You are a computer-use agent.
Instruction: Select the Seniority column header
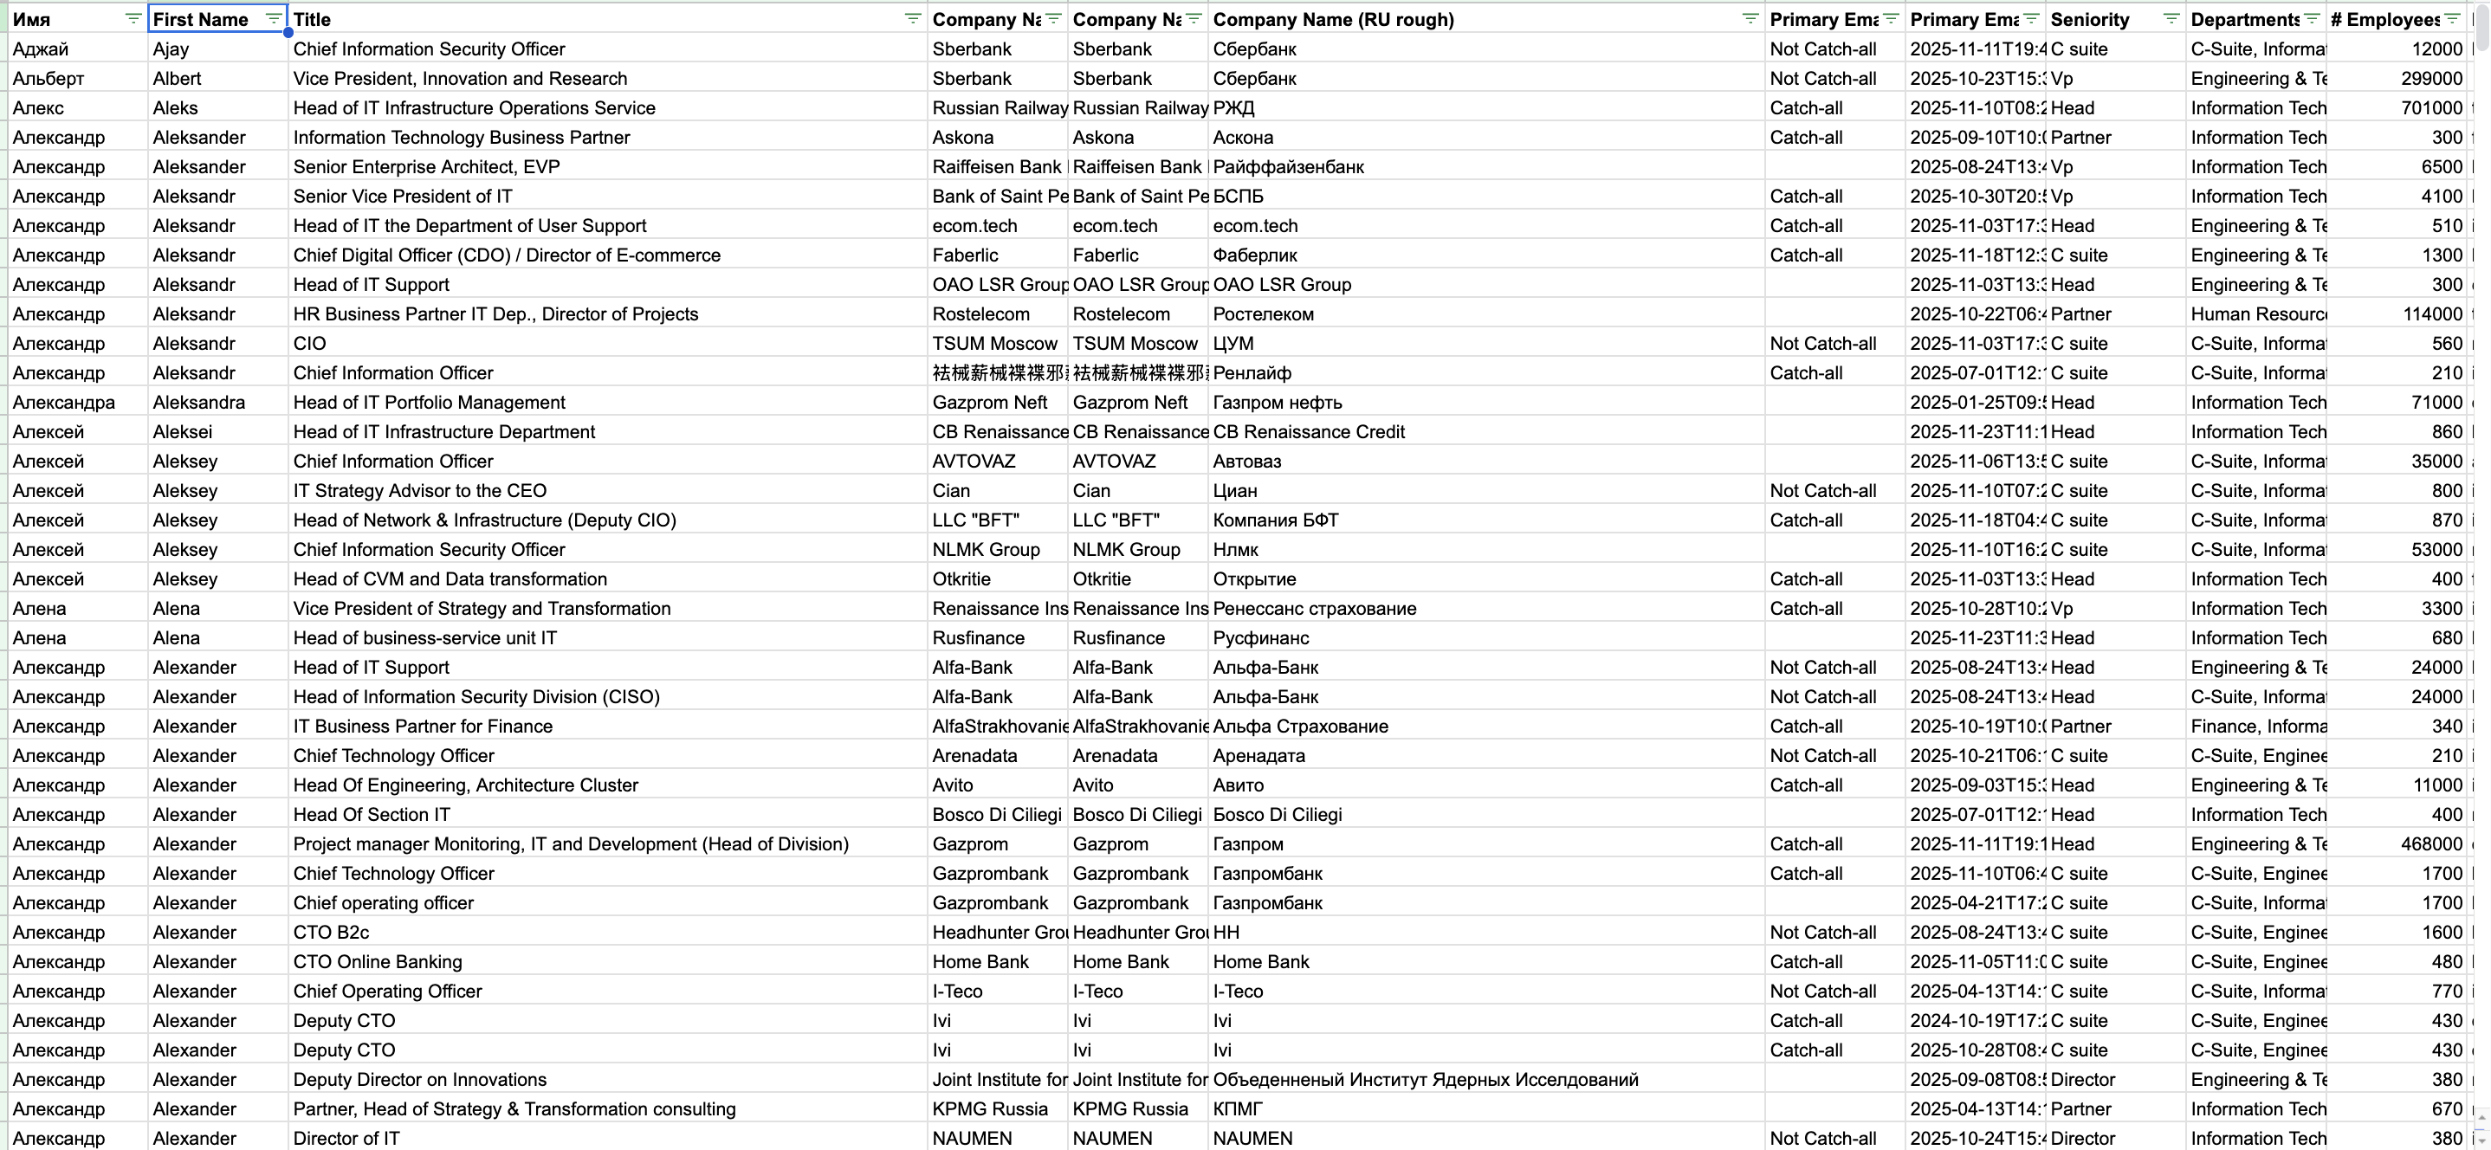click(x=2090, y=19)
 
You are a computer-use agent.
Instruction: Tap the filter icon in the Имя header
click(x=133, y=18)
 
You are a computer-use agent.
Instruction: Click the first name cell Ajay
click(x=171, y=49)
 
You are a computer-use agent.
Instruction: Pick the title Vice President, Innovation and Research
click(x=460, y=78)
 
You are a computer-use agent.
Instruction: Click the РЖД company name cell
click(x=1234, y=108)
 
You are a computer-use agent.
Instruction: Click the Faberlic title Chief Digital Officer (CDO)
click(x=507, y=255)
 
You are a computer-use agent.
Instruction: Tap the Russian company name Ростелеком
click(x=1263, y=314)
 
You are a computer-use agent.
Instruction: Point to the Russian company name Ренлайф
click(x=1252, y=373)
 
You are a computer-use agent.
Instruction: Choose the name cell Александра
click(x=64, y=403)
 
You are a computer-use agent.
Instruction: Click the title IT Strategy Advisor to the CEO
click(x=420, y=491)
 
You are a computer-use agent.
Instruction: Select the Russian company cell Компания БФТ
click(x=1276, y=520)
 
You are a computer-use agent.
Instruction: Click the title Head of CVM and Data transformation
click(x=450, y=579)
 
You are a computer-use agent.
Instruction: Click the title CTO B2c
click(x=331, y=933)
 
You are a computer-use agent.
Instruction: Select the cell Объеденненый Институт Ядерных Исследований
click(x=1426, y=1079)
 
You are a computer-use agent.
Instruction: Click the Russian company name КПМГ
click(x=1238, y=1109)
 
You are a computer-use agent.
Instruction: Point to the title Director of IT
click(x=346, y=1139)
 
